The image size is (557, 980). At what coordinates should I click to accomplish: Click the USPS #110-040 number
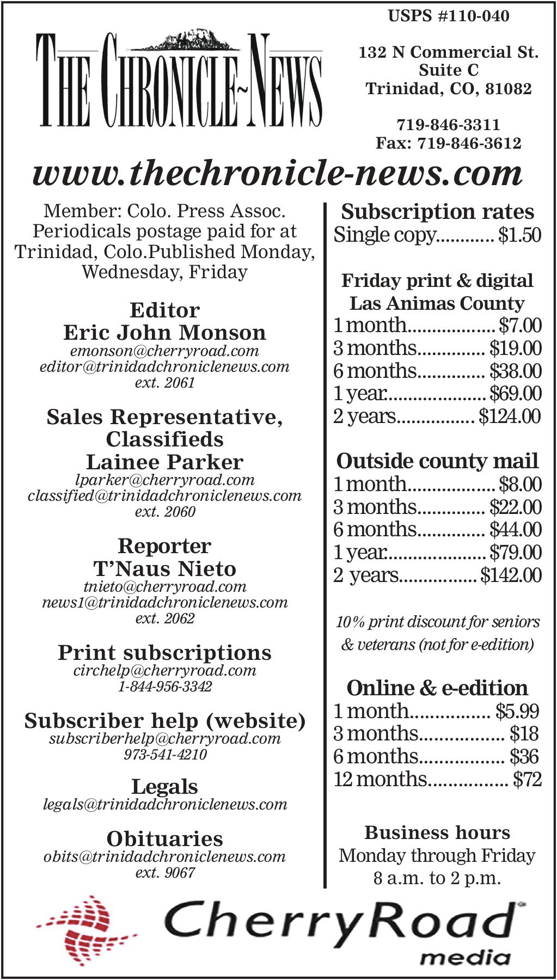pyautogui.click(x=448, y=16)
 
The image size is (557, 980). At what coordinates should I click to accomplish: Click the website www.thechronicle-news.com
pyautogui.click(x=278, y=173)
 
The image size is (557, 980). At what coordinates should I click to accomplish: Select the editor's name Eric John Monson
pyautogui.click(x=164, y=333)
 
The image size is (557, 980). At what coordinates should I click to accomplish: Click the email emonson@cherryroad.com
pyautogui.click(x=164, y=351)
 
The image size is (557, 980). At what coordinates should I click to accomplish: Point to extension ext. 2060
pyautogui.click(x=164, y=511)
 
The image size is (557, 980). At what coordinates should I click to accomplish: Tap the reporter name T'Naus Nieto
pyautogui.click(x=164, y=569)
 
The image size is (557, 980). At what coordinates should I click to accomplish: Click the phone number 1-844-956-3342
pyautogui.click(x=164, y=687)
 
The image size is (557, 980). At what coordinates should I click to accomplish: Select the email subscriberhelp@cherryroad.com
pyautogui.click(x=164, y=739)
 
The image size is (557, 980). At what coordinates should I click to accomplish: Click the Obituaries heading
pyautogui.click(x=164, y=838)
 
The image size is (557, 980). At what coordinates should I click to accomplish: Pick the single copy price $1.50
pyautogui.click(x=519, y=235)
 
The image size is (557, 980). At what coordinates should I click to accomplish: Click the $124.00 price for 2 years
pyautogui.click(x=510, y=416)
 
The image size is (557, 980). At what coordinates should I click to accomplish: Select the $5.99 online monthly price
pyautogui.click(x=517, y=711)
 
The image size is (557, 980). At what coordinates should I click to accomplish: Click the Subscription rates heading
pyautogui.click(x=437, y=212)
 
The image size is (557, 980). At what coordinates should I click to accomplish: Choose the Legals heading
pyautogui.click(x=164, y=787)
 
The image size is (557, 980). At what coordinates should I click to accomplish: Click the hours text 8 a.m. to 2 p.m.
pyautogui.click(x=437, y=878)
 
